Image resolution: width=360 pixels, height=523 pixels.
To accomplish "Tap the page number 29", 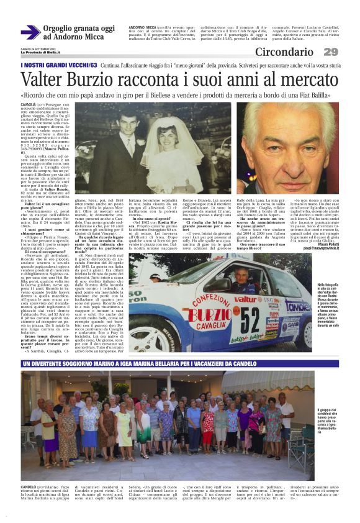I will (331, 52).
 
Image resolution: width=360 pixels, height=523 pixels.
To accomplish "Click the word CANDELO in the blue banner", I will (322, 363).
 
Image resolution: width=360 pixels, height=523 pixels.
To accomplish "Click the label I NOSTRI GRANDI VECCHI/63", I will (59, 65).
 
